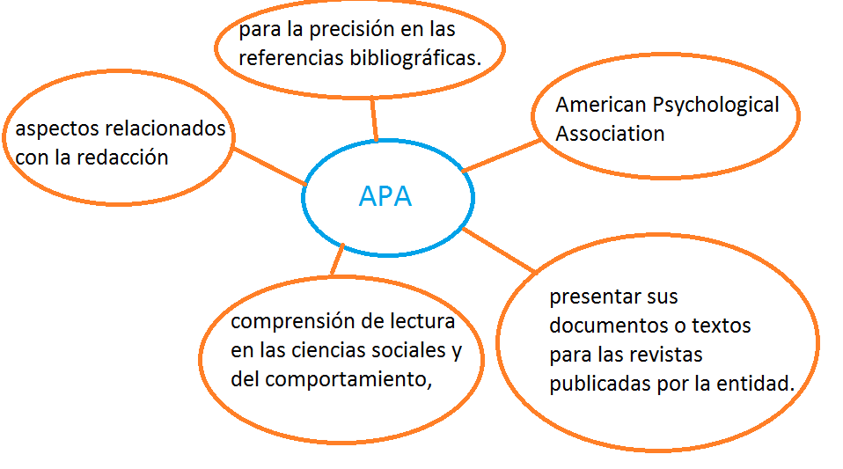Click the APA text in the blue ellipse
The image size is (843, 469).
pos(385,196)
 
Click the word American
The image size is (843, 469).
pos(600,106)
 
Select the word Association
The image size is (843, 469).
pos(610,135)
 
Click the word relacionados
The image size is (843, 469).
pos(165,129)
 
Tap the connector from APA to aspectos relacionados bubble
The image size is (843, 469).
pos(269,165)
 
